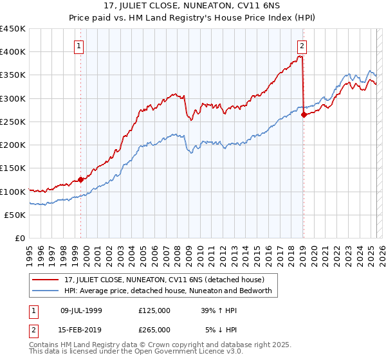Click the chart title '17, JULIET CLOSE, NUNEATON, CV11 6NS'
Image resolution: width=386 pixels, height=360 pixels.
point(193,7)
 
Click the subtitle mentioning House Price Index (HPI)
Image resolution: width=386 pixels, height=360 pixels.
point(193,19)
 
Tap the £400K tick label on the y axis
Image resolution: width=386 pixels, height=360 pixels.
point(13,52)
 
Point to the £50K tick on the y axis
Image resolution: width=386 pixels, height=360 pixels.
point(15,215)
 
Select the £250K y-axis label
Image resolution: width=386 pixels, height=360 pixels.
point(13,122)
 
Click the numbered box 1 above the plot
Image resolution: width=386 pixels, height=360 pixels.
point(78,45)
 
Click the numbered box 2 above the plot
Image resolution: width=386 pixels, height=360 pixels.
point(302,45)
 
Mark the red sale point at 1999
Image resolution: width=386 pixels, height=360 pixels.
point(81,180)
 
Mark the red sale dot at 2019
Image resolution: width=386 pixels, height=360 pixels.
point(304,115)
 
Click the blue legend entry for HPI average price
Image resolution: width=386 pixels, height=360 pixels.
point(167,291)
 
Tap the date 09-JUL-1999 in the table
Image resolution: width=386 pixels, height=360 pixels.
point(81,310)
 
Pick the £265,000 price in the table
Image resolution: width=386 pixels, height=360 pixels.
point(154,329)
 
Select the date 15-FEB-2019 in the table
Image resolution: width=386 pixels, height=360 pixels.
point(81,329)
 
